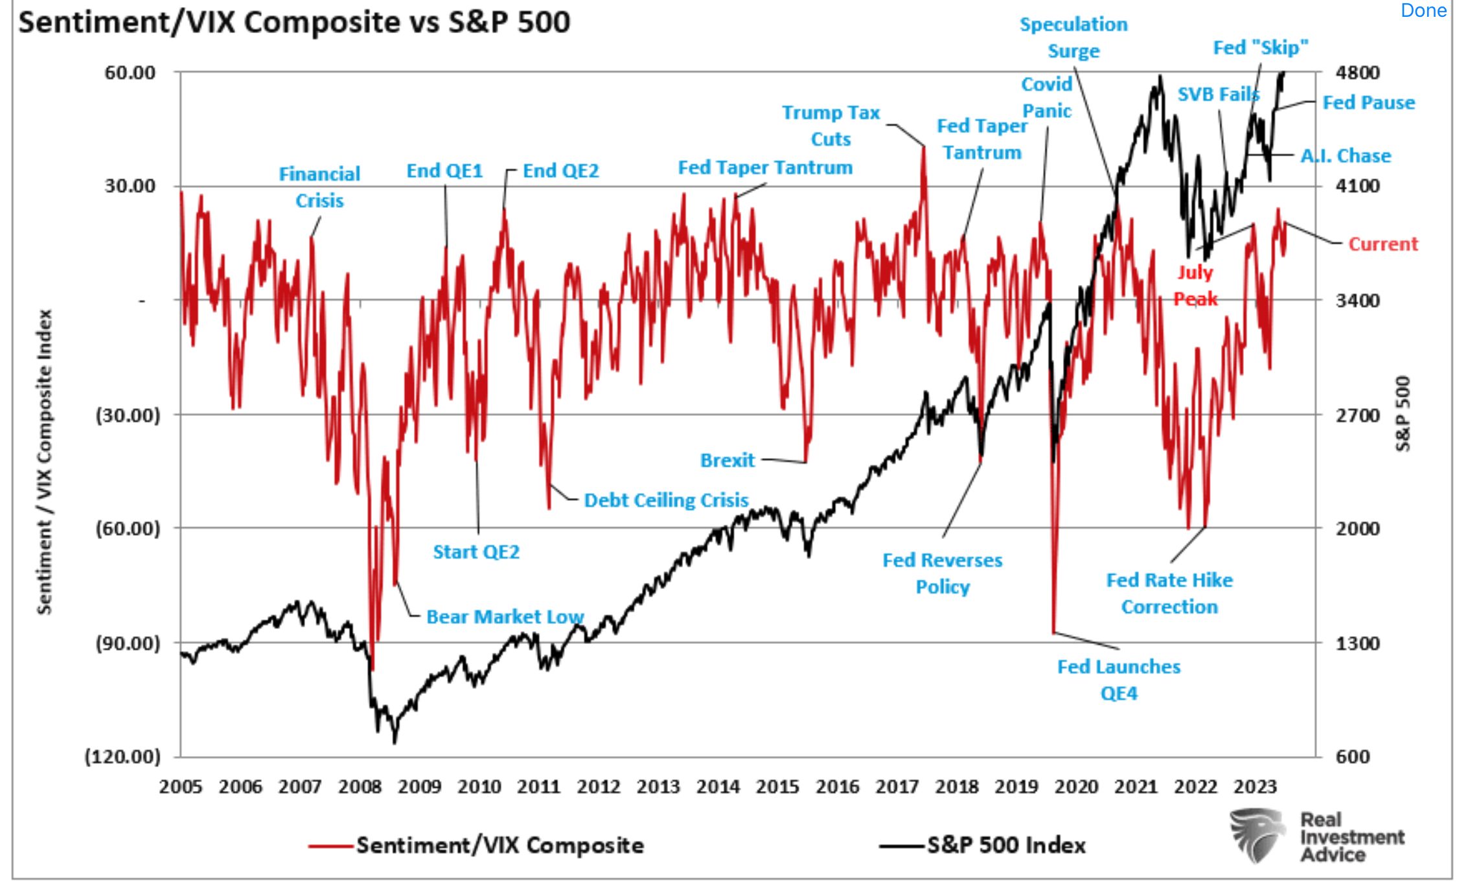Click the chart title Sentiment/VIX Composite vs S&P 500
coord(294,23)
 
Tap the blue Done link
coord(1423,10)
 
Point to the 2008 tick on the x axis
coord(360,786)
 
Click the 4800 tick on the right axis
coord(1357,73)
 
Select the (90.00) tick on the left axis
coord(128,643)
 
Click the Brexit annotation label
coord(728,460)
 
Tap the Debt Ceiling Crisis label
coord(666,500)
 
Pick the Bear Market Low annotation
coord(505,616)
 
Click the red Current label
coord(1382,244)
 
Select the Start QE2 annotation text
coord(476,552)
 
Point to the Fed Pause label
coord(1368,102)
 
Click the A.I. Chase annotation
coord(1346,155)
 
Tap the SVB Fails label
coord(1218,95)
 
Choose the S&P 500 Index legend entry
coord(1005,845)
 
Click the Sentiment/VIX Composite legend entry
coord(499,845)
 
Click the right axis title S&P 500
coord(1403,413)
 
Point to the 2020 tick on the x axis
coord(1076,786)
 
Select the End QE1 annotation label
coord(444,171)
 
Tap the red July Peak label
coord(1195,285)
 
